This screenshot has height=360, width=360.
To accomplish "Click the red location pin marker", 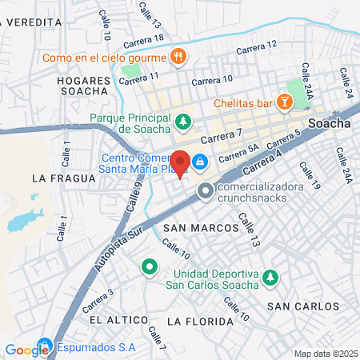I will tap(181, 164).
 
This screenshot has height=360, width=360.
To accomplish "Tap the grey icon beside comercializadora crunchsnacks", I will tap(206, 190).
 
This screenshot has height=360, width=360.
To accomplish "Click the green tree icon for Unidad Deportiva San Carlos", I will tap(270, 277).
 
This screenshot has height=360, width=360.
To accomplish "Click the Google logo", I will tap(26, 350).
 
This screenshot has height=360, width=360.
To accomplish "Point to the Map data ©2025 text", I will tap(325, 354).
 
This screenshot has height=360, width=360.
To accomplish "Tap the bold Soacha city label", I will tap(327, 124).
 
